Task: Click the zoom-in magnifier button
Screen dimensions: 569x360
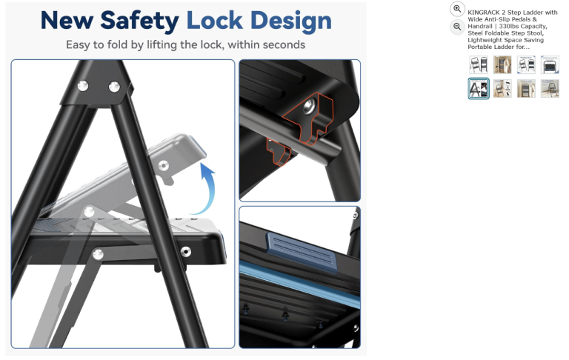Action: coord(457,9)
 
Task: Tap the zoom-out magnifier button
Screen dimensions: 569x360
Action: coord(457,27)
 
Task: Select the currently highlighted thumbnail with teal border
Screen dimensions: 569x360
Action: coord(479,89)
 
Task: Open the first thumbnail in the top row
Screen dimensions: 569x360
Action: coord(479,65)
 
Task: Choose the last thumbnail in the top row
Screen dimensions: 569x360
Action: coord(550,65)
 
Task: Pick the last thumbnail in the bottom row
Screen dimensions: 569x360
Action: coord(550,89)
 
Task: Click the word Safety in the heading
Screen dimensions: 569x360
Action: coord(139,21)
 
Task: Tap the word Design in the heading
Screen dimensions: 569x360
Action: coord(291,21)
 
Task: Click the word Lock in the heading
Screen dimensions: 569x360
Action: coord(214,20)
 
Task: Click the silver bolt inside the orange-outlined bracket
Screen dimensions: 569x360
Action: coord(308,106)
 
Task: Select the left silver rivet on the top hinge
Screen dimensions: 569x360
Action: coord(83,86)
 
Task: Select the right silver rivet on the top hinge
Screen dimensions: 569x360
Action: coord(114,87)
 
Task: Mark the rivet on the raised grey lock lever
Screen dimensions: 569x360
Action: coord(164,165)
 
